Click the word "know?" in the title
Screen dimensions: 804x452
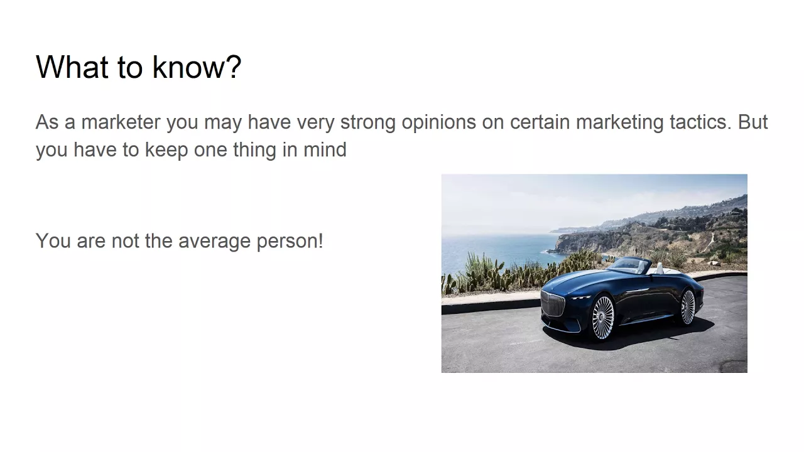197,67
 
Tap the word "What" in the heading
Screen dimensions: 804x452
72,67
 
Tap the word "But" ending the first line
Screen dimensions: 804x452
752,122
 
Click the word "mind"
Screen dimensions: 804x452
325,149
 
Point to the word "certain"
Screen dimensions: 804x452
540,122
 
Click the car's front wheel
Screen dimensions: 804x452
603,318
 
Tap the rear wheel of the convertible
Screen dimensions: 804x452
688,307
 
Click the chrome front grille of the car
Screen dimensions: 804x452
553,304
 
